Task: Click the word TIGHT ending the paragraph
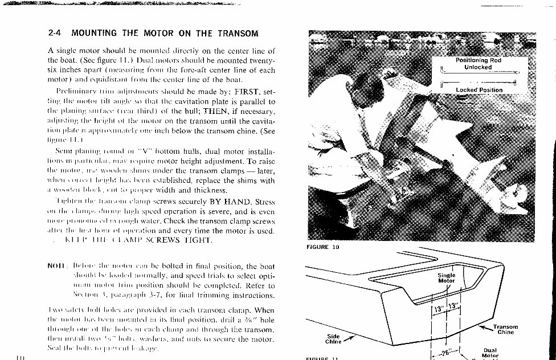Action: (196, 240)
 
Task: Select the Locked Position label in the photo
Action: (479, 89)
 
